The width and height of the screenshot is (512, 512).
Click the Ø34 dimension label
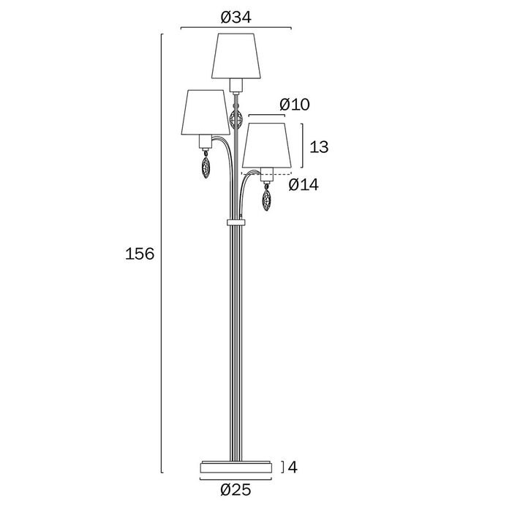236,18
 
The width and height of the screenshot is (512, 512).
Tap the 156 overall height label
140,254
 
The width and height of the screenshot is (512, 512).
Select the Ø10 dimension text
295,105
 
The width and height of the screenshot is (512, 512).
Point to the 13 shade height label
319,147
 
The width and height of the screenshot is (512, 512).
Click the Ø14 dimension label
304,185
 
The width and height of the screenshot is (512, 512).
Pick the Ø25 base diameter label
236,490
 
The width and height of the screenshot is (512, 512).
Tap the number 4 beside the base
293,467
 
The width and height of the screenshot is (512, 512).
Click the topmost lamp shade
236,56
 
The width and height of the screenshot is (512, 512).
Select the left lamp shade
206,112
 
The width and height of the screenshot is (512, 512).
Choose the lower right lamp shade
266,146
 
